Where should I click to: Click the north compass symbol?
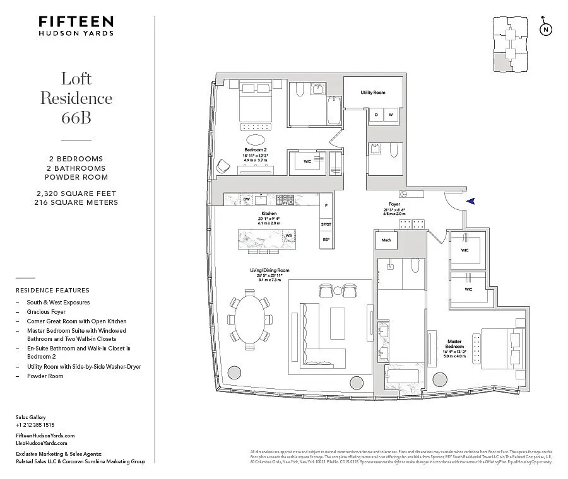click(545, 30)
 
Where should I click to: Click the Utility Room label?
click(373, 93)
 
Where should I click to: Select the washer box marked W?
click(391, 115)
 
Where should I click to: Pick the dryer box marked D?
click(377, 115)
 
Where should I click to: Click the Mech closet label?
click(386, 240)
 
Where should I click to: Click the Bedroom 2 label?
click(256, 149)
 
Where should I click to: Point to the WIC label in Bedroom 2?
click(307, 161)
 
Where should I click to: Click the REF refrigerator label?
click(326, 239)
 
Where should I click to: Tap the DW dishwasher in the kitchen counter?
click(246, 199)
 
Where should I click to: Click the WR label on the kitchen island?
click(288, 236)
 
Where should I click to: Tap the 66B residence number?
click(76, 117)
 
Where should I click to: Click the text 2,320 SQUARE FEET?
click(76, 193)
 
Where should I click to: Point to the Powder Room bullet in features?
click(45, 376)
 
